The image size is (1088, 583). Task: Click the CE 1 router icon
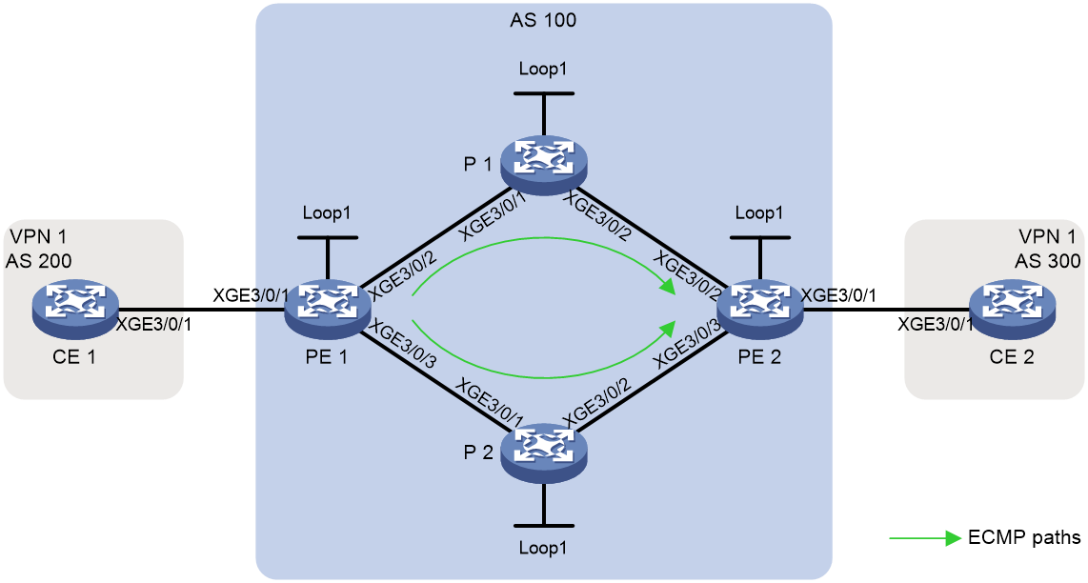pyautogui.click(x=75, y=308)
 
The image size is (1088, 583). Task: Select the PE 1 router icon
pyautogui.click(x=328, y=308)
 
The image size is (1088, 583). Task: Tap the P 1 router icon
pyautogui.click(x=543, y=164)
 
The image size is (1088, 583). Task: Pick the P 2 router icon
pyautogui.click(x=543, y=452)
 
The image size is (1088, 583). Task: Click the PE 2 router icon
pyautogui.click(x=760, y=308)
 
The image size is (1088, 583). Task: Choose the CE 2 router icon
pyautogui.click(x=1013, y=308)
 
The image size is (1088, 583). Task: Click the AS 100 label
pyautogui.click(x=543, y=19)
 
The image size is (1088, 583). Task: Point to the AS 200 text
pyautogui.click(x=38, y=260)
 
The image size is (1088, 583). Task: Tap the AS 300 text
pyautogui.click(x=1048, y=260)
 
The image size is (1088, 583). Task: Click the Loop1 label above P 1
pyautogui.click(x=543, y=70)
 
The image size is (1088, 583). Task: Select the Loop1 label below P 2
pyautogui.click(x=543, y=549)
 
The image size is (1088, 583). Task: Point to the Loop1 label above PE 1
pyautogui.click(x=327, y=213)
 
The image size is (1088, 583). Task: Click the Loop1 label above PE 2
pyautogui.click(x=759, y=213)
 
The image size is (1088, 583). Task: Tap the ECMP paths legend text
pyautogui.click(x=1024, y=537)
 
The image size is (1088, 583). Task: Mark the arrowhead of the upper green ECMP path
pyautogui.click(x=669, y=286)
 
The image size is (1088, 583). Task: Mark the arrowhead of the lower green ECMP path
pyautogui.click(x=669, y=328)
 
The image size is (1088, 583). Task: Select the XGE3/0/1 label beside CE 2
pyautogui.click(x=936, y=324)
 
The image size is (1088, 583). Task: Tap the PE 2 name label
pyautogui.click(x=760, y=357)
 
